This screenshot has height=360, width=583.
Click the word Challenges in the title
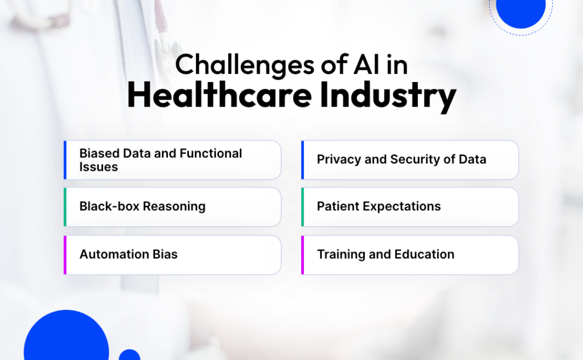245,65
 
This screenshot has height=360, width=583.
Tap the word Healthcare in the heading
219,95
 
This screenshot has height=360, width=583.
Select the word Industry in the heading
388,96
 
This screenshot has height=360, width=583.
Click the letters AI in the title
367,65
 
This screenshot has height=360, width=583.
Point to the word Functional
211,153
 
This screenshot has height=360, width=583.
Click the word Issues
98,167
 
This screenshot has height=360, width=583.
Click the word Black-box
109,206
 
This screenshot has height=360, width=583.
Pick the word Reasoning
174,207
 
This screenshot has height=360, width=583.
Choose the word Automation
109,255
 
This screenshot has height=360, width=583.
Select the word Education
424,255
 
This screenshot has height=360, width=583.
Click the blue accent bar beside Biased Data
65,160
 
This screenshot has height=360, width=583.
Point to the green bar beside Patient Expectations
303,207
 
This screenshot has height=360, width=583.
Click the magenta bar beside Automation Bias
65,255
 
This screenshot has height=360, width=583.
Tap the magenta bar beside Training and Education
303,255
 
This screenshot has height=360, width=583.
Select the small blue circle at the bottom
129,355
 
